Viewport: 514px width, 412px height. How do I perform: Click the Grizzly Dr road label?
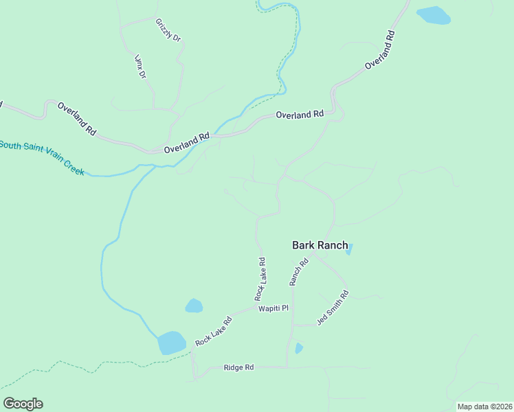(x=168, y=30)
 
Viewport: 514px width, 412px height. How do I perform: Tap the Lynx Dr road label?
(x=141, y=66)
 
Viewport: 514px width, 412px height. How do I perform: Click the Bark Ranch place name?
(x=320, y=245)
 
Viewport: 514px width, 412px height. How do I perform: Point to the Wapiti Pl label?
(x=273, y=310)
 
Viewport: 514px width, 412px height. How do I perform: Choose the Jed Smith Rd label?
(x=333, y=308)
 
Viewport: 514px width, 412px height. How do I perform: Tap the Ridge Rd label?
(x=238, y=368)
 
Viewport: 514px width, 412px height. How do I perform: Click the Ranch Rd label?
(x=298, y=272)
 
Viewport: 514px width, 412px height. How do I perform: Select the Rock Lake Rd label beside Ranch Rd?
(x=260, y=279)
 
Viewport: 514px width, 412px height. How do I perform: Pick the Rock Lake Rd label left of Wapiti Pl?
(x=213, y=332)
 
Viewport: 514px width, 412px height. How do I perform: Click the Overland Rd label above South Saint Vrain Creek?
(x=76, y=117)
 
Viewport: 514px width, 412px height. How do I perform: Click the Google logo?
(x=23, y=404)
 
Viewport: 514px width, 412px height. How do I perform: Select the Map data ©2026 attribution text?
(x=484, y=407)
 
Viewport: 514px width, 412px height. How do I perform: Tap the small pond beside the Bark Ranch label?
(x=349, y=249)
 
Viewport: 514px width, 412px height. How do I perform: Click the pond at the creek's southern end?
(x=172, y=342)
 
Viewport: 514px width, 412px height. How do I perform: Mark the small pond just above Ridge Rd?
(x=298, y=348)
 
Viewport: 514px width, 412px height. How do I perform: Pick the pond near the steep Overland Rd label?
(x=433, y=15)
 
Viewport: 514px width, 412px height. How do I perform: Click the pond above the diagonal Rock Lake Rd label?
(x=194, y=306)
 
